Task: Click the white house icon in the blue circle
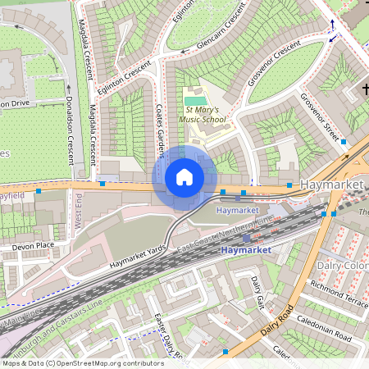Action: click(184, 177)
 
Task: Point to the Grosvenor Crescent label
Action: click(275, 64)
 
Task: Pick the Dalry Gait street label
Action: click(257, 292)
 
